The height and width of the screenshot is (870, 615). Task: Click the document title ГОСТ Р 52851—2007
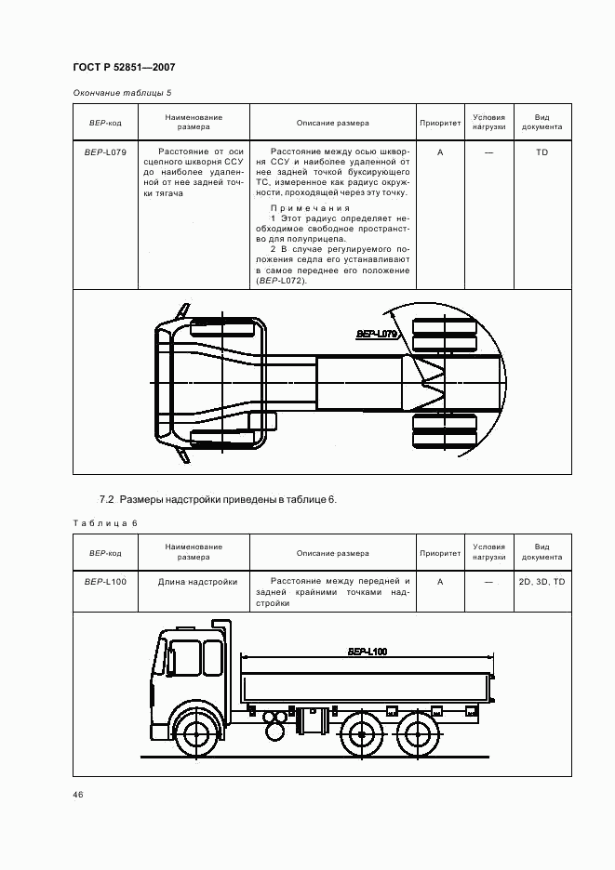tap(123, 68)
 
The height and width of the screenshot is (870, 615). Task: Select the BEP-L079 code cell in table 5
tap(105, 151)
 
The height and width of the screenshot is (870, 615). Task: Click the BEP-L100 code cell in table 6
tap(105, 582)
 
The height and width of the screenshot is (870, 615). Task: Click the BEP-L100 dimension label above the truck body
tap(367, 652)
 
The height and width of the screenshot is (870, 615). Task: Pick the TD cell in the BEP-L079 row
tap(541, 151)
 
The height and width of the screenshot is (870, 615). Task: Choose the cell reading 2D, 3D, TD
tap(541, 582)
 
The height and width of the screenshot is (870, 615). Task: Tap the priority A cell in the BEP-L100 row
tap(439, 582)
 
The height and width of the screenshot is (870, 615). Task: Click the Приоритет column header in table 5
tap(439, 123)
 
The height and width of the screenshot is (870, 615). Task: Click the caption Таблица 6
tap(104, 522)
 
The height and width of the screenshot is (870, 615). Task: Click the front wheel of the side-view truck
tap(195, 733)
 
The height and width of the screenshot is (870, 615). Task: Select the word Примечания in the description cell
tap(310, 207)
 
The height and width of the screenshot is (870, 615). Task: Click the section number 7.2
tap(106, 499)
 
